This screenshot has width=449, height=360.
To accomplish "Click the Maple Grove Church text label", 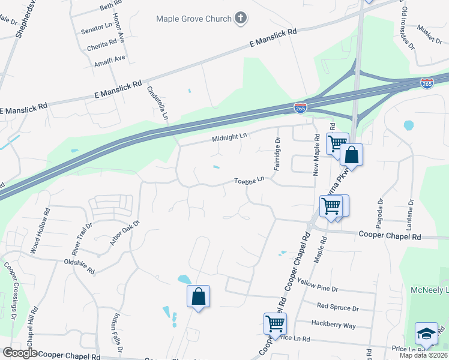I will point(193,19).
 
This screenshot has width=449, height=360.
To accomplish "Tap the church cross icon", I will point(240,18).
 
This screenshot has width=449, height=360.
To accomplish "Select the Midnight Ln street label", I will point(229,137).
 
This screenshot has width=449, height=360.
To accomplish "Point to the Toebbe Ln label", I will point(249,180).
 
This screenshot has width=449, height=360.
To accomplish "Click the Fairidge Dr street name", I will point(277,154).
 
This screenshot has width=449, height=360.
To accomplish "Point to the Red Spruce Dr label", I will point(338,308).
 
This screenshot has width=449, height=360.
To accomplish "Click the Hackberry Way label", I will point(333,325).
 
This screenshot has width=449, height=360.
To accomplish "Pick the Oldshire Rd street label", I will point(79,266).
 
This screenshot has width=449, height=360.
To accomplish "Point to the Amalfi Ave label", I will point(109,58).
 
